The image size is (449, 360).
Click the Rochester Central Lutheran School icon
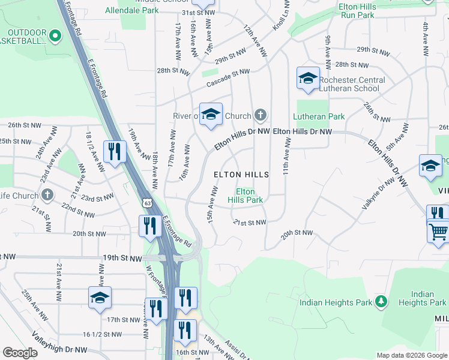[308, 79]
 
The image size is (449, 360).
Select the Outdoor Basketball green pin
[55, 36]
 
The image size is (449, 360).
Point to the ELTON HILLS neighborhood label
[241, 174]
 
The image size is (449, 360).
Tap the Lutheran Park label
[319, 116]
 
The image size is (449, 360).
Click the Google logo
[20, 353]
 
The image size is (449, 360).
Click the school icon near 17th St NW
[100, 297]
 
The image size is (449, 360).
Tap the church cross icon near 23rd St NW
[47, 195]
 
